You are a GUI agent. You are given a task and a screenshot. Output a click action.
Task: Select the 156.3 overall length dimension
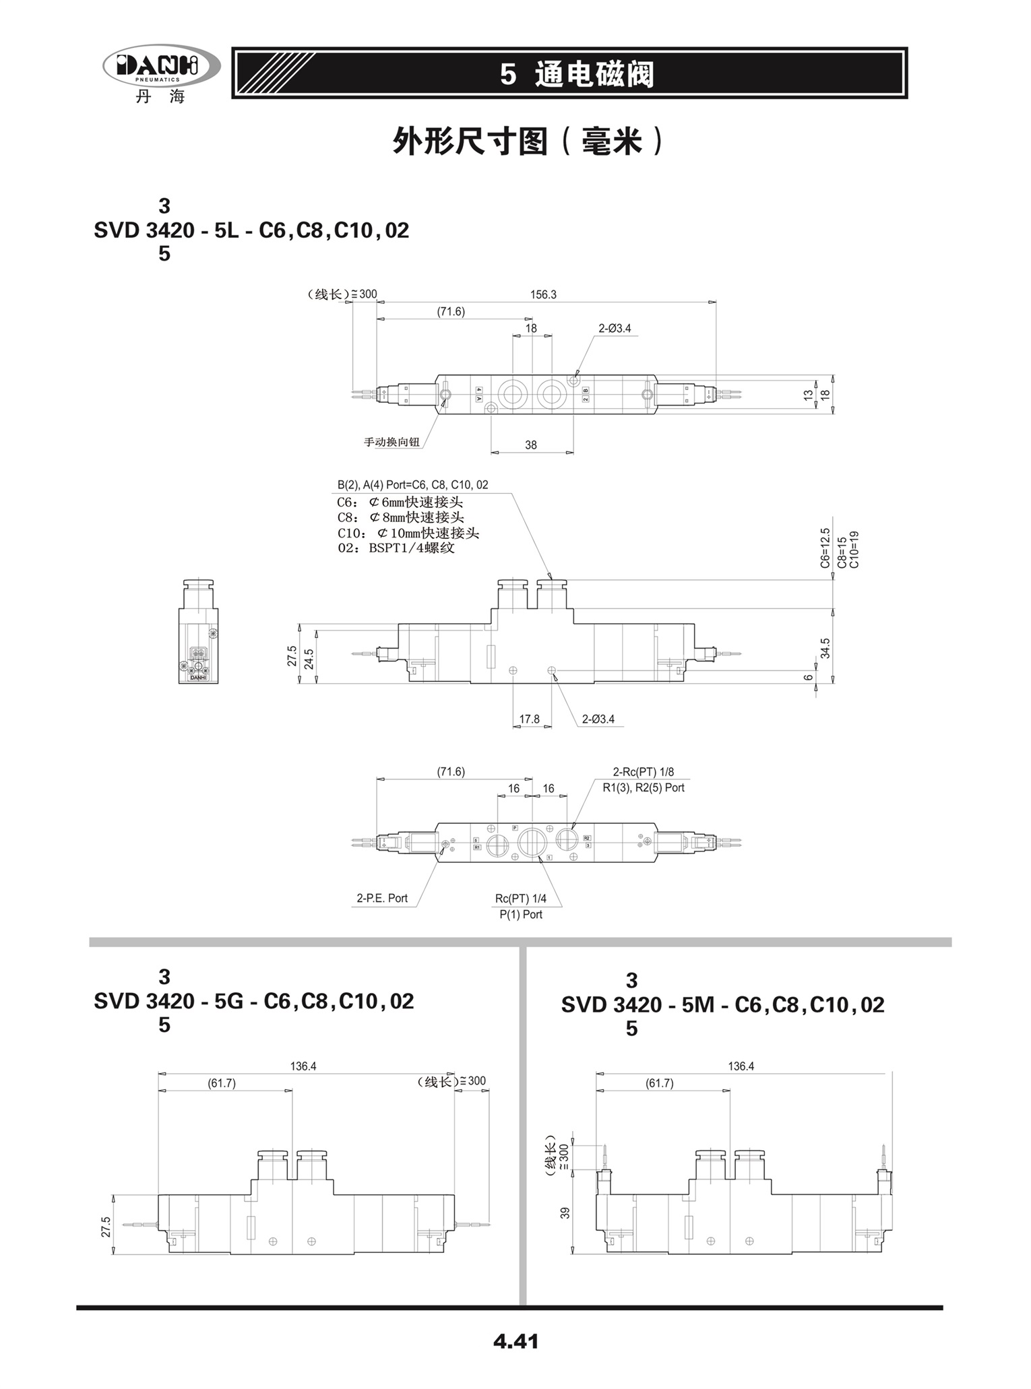pyautogui.click(x=543, y=294)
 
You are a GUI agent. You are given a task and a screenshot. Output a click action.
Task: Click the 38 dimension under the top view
pyautogui.click(x=531, y=445)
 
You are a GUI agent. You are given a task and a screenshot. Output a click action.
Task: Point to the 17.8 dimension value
pyautogui.click(x=530, y=719)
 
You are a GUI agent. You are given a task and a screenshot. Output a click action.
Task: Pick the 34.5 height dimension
pyautogui.click(x=825, y=648)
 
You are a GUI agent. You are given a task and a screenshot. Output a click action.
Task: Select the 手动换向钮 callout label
pyautogui.click(x=392, y=442)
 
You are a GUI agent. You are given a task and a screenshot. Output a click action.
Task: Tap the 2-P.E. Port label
pyautogui.click(x=382, y=898)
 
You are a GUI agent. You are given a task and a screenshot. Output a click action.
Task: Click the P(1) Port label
pyautogui.click(x=521, y=914)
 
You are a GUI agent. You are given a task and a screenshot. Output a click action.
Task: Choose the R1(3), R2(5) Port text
pyautogui.click(x=644, y=787)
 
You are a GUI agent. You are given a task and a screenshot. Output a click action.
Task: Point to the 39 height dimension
pyautogui.click(x=565, y=1213)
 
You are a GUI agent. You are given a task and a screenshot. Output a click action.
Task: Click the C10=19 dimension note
pyautogui.click(x=854, y=550)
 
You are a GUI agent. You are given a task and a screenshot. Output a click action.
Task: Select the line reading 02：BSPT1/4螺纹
pyautogui.click(x=396, y=548)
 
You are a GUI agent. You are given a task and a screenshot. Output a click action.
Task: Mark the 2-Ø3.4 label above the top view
pyautogui.click(x=615, y=329)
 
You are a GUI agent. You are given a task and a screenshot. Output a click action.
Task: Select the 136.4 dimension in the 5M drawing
pyautogui.click(x=741, y=1066)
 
